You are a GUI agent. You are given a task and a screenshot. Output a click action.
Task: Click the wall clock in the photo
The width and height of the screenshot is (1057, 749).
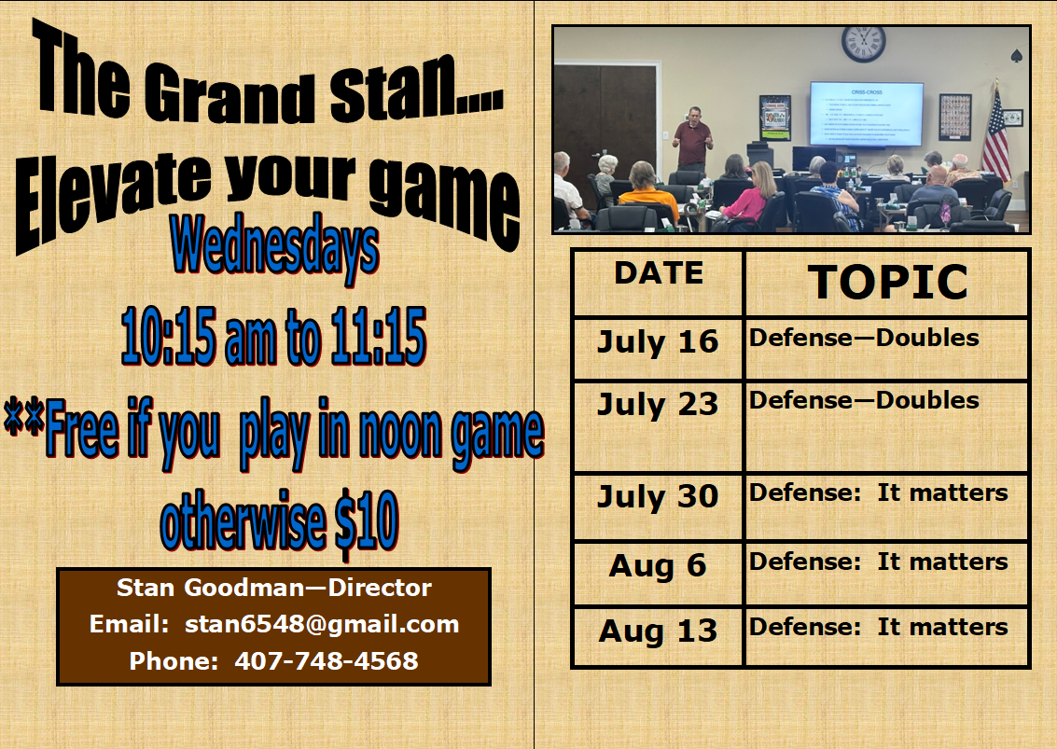point(863,44)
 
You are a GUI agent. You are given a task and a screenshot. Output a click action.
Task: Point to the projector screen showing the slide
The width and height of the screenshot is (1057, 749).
point(867,113)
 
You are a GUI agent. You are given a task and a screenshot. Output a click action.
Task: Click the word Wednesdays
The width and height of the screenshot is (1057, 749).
point(275,247)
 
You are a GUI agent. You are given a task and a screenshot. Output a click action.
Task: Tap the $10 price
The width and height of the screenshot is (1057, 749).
point(367,521)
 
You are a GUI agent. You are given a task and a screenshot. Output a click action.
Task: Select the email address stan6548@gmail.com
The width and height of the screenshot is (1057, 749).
point(322,624)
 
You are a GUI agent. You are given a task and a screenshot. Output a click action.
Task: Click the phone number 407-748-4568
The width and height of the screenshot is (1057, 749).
point(327,660)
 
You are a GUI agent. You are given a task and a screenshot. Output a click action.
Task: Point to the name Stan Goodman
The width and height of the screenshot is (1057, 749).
point(210,588)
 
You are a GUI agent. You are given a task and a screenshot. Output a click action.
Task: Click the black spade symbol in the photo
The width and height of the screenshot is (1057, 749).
point(1017,56)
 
